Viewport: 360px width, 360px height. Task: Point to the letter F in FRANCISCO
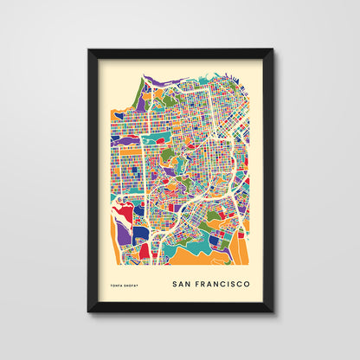tap(202, 283)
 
